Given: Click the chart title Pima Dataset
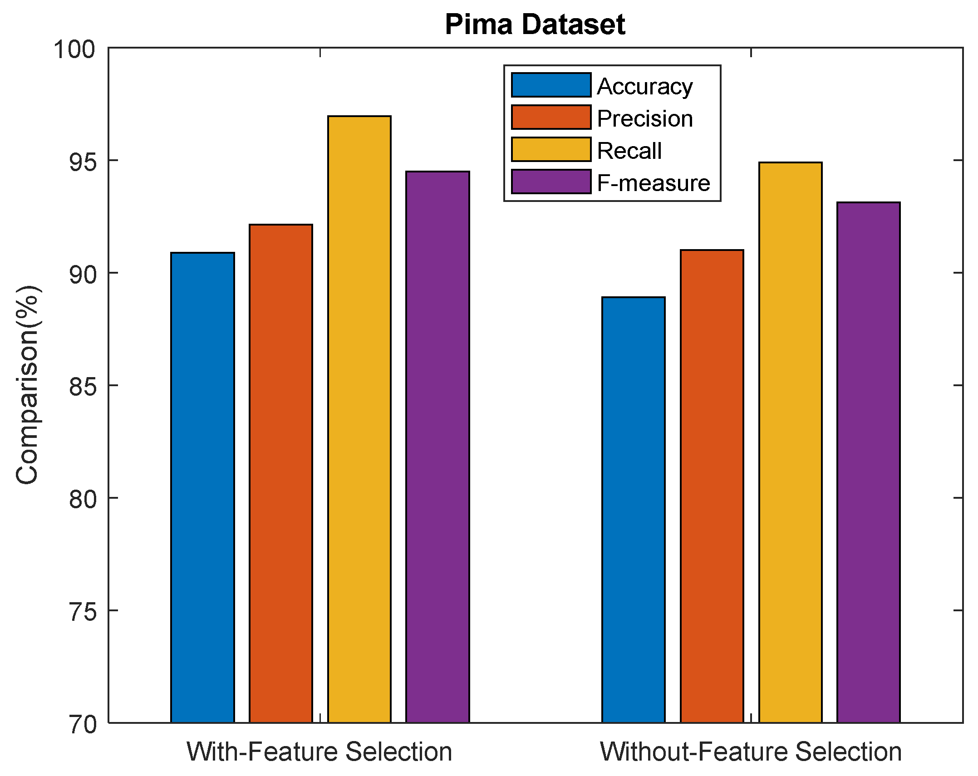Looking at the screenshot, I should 535,25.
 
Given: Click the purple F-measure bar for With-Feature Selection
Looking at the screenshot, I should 437,447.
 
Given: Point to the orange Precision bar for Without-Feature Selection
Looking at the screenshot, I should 712,486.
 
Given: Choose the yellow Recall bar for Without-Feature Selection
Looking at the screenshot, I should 790,442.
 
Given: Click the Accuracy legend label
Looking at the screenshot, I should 644,86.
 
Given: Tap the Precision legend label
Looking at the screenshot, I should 644,118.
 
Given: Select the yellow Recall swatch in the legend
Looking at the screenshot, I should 551,150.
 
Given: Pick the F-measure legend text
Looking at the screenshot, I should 653,183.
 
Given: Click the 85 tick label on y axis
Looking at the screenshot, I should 83,387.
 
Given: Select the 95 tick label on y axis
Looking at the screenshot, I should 83,162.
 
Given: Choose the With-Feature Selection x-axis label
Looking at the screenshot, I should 319,752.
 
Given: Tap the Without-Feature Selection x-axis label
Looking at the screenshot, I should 751,752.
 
